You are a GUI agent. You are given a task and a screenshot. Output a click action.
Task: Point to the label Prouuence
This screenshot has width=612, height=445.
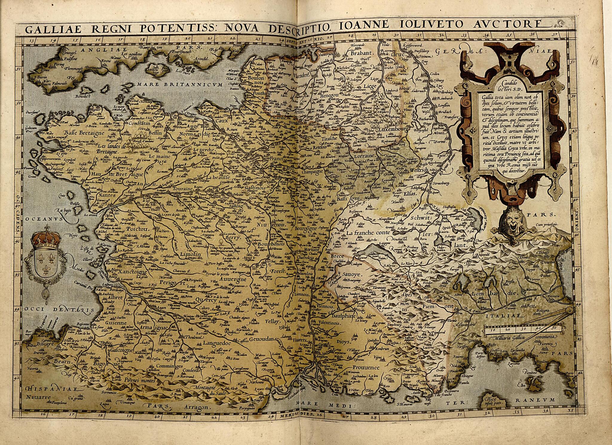365,367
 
